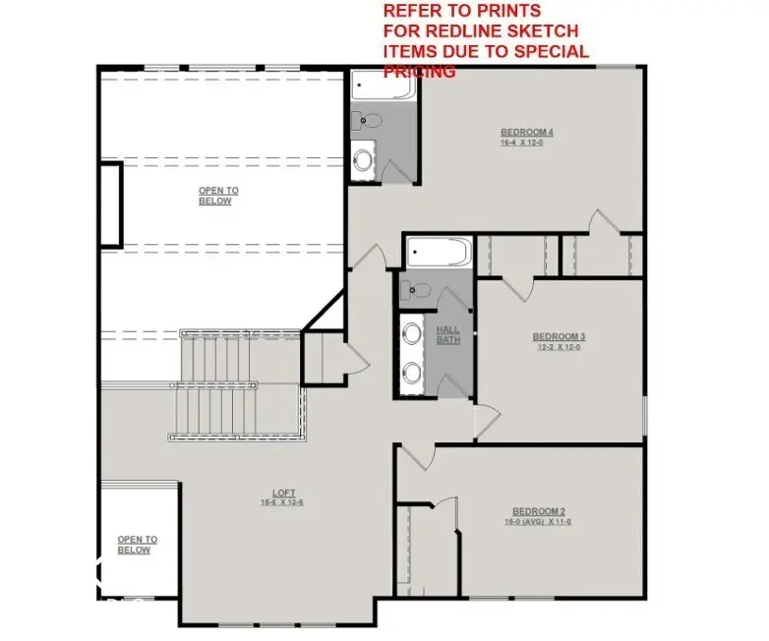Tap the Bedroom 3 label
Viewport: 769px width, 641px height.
pos(559,336)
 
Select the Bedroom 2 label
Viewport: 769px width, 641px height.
pos(539,511)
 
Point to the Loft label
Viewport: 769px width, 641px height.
pos(283,494)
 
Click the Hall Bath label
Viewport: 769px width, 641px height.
pos(448,335)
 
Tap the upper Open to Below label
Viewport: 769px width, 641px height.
pos(217,196)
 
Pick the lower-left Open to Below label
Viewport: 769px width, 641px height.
pos(137,545)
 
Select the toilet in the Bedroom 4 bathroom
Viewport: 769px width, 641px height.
pos(368,121)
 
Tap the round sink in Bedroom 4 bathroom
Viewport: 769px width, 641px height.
pos(364,157)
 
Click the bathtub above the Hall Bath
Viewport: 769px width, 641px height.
pos(439,254)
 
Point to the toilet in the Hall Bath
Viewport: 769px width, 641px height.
pos(419,290)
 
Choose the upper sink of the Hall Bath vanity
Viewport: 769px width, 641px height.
pos(411,333)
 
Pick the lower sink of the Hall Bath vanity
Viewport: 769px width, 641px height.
pos(411,372)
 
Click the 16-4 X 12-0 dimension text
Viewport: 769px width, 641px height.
pos(521,144)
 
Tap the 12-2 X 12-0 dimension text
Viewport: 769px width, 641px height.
pos(559,347)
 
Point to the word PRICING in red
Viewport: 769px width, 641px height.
pos(419,72)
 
